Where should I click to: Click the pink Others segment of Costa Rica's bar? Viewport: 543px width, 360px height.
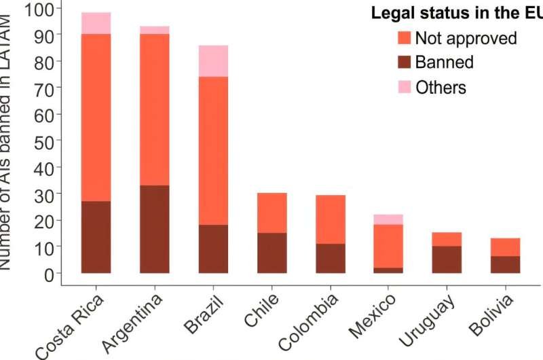pyautogui.click(x=96, y=23)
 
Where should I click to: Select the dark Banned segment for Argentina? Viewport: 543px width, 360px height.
pyautogui.click(x=155, y=229)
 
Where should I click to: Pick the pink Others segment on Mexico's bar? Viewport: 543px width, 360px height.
pyautogui.click(x=388, y=219)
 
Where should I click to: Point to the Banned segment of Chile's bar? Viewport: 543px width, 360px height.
pyautogui.click(x=271, y=253)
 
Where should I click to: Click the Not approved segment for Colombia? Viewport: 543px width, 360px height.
pyautogui.click(x=330, y=219)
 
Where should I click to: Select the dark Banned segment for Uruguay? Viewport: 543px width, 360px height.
pyautogui.click(x=447, y=259)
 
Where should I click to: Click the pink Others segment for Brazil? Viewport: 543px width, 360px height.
pyautogui.click(x=213, y=61)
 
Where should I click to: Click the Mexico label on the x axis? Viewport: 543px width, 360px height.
pyautogui.click(x=374, y=319)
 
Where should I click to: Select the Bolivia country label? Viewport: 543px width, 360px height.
pyautogui.click(x=490, y=317)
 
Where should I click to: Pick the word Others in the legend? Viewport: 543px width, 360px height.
pyautogui.click(x=441, y=87)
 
